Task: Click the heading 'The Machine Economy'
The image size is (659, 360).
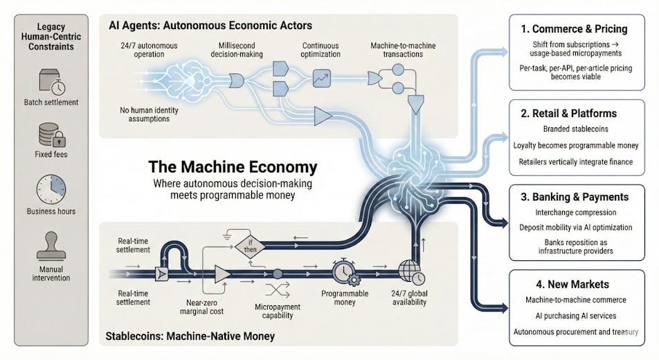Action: click(x=233, y=167)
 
